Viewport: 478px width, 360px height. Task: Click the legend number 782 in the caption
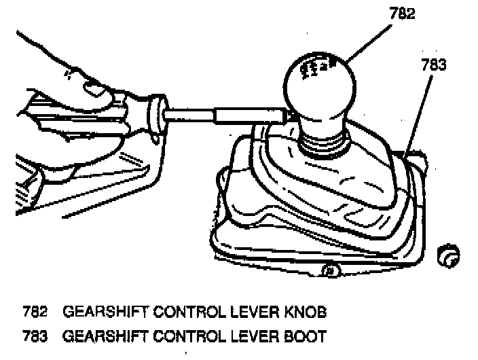tap(35, 312)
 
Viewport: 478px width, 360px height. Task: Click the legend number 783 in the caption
tap(35, 336)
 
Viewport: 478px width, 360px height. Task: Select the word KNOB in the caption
tap(306, 312)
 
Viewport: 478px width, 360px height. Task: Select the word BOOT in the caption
tap(306, 336)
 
